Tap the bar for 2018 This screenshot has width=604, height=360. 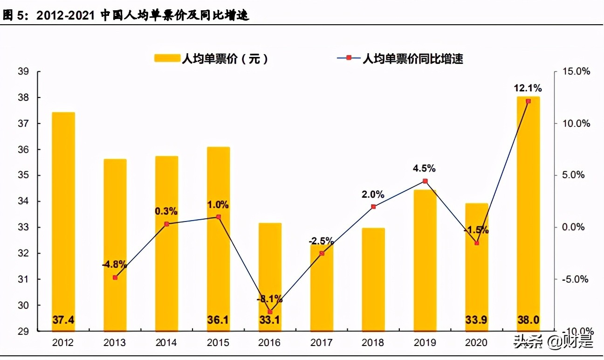tap(373, 280)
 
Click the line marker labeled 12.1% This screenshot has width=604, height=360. tap(528, 101)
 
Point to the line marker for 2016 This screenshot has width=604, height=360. tap(270, 312)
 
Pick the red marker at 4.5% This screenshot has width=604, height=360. tap(425, 181)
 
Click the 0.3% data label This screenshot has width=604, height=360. tap(166, 211)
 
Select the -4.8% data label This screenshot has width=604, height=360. tap(115, 264)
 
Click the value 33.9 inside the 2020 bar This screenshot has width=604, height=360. tap(476, 320)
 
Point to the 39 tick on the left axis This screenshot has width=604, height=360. tap(23, 71)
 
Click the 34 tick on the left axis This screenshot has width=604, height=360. tap(23, 201)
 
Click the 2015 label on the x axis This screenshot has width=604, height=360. tap(218, 343)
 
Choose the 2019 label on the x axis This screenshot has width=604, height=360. tap(425, 343)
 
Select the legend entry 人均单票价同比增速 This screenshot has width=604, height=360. tap(401, 58)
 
